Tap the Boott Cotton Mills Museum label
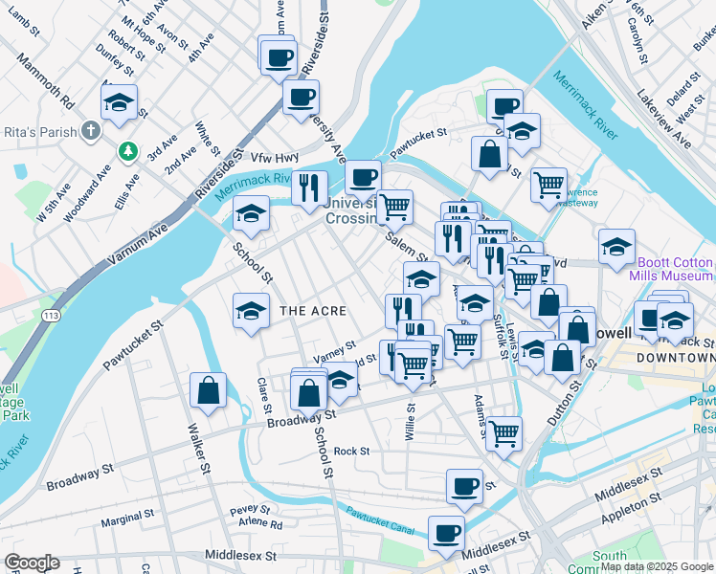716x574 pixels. click(x=671, y=269)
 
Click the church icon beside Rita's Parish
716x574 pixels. click(x=90, y=130)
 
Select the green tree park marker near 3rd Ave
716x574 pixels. click(x=126, y=152)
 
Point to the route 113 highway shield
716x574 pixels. click(x=51, y=314)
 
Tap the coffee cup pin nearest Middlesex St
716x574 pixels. click(x=445, y=533)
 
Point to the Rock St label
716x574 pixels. click(x=351, y=451)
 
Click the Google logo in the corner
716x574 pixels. click(x=32, y=563)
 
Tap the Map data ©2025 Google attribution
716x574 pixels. click(x=657, y=566)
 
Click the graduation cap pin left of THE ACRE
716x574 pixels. click(x=251, y=310)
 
